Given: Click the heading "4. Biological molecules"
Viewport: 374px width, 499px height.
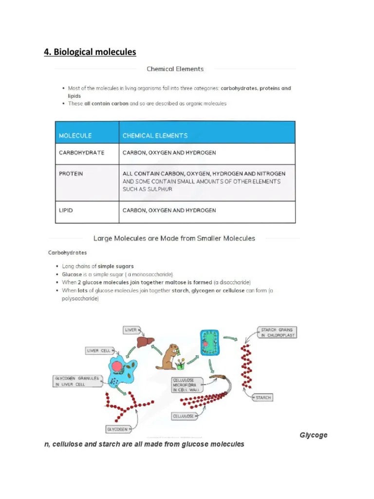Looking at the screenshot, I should pos(90,52).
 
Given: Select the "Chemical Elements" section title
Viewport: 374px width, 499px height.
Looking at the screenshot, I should pos(175,69).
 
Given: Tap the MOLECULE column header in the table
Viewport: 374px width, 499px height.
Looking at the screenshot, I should pos(75,135).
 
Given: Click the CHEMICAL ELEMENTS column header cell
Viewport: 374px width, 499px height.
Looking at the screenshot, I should pos(155,135).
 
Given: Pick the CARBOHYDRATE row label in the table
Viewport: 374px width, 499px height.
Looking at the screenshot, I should pos(81,153).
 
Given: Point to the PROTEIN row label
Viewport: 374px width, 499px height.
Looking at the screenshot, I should pos(71,173).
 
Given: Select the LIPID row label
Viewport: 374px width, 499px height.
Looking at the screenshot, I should pos(66,210).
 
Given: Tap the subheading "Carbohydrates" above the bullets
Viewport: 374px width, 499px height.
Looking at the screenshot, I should pos(67,253).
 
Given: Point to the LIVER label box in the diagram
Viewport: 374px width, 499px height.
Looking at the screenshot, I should pos(131,330).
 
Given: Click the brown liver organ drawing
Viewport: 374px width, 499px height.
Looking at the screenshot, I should pos(142,343).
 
